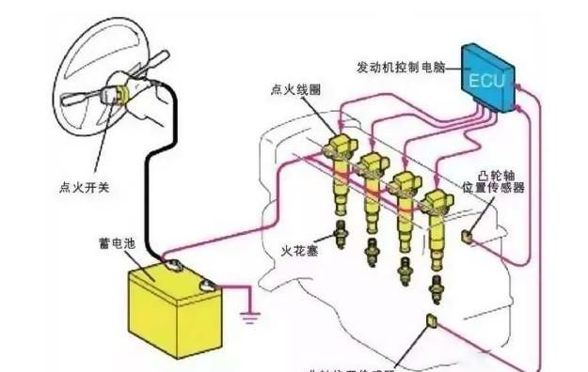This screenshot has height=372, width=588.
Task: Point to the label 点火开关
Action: tap(78, 187)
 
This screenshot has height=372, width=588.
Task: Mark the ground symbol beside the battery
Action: tap(251, 318)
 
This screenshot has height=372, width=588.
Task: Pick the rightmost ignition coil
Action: tap(435, 225)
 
